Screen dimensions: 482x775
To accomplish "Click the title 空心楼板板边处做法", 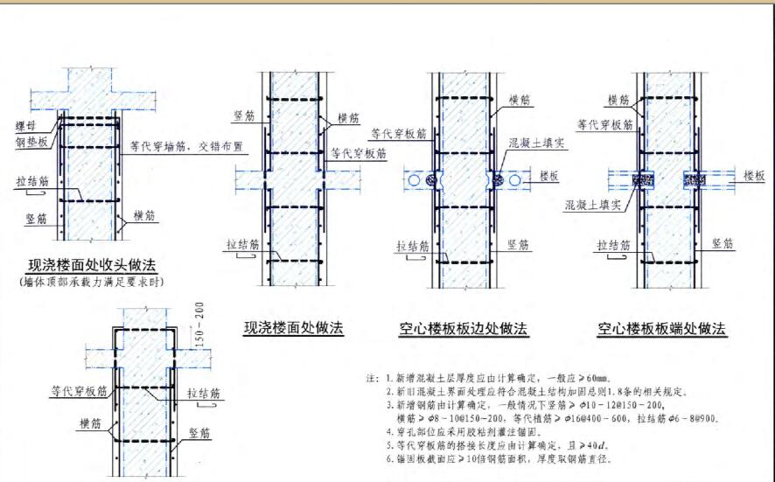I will click(x=461, y=329).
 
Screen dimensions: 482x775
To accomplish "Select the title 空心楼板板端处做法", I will click(x=662, y=329).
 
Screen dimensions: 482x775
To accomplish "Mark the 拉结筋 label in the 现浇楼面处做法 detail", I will click(x=241, y=244).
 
